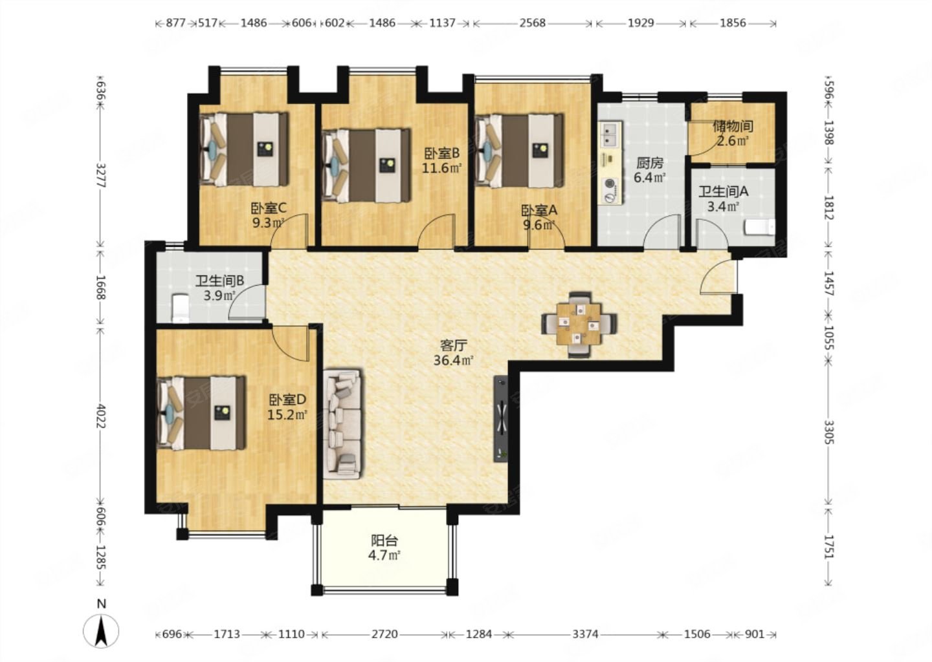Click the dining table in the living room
[579, 325]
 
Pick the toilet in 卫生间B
[181, 308]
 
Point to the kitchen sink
[610, 134]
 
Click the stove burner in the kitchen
[610, 190]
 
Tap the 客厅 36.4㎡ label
[454, 352]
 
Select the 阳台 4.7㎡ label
[384, 548]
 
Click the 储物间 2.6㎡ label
[733, 133]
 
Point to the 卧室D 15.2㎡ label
[287, 407]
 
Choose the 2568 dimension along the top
[532, 23]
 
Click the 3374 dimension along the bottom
[585, 635]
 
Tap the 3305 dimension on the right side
[828, 432]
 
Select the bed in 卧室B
[366, 165]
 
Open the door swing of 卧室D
[291, 344]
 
